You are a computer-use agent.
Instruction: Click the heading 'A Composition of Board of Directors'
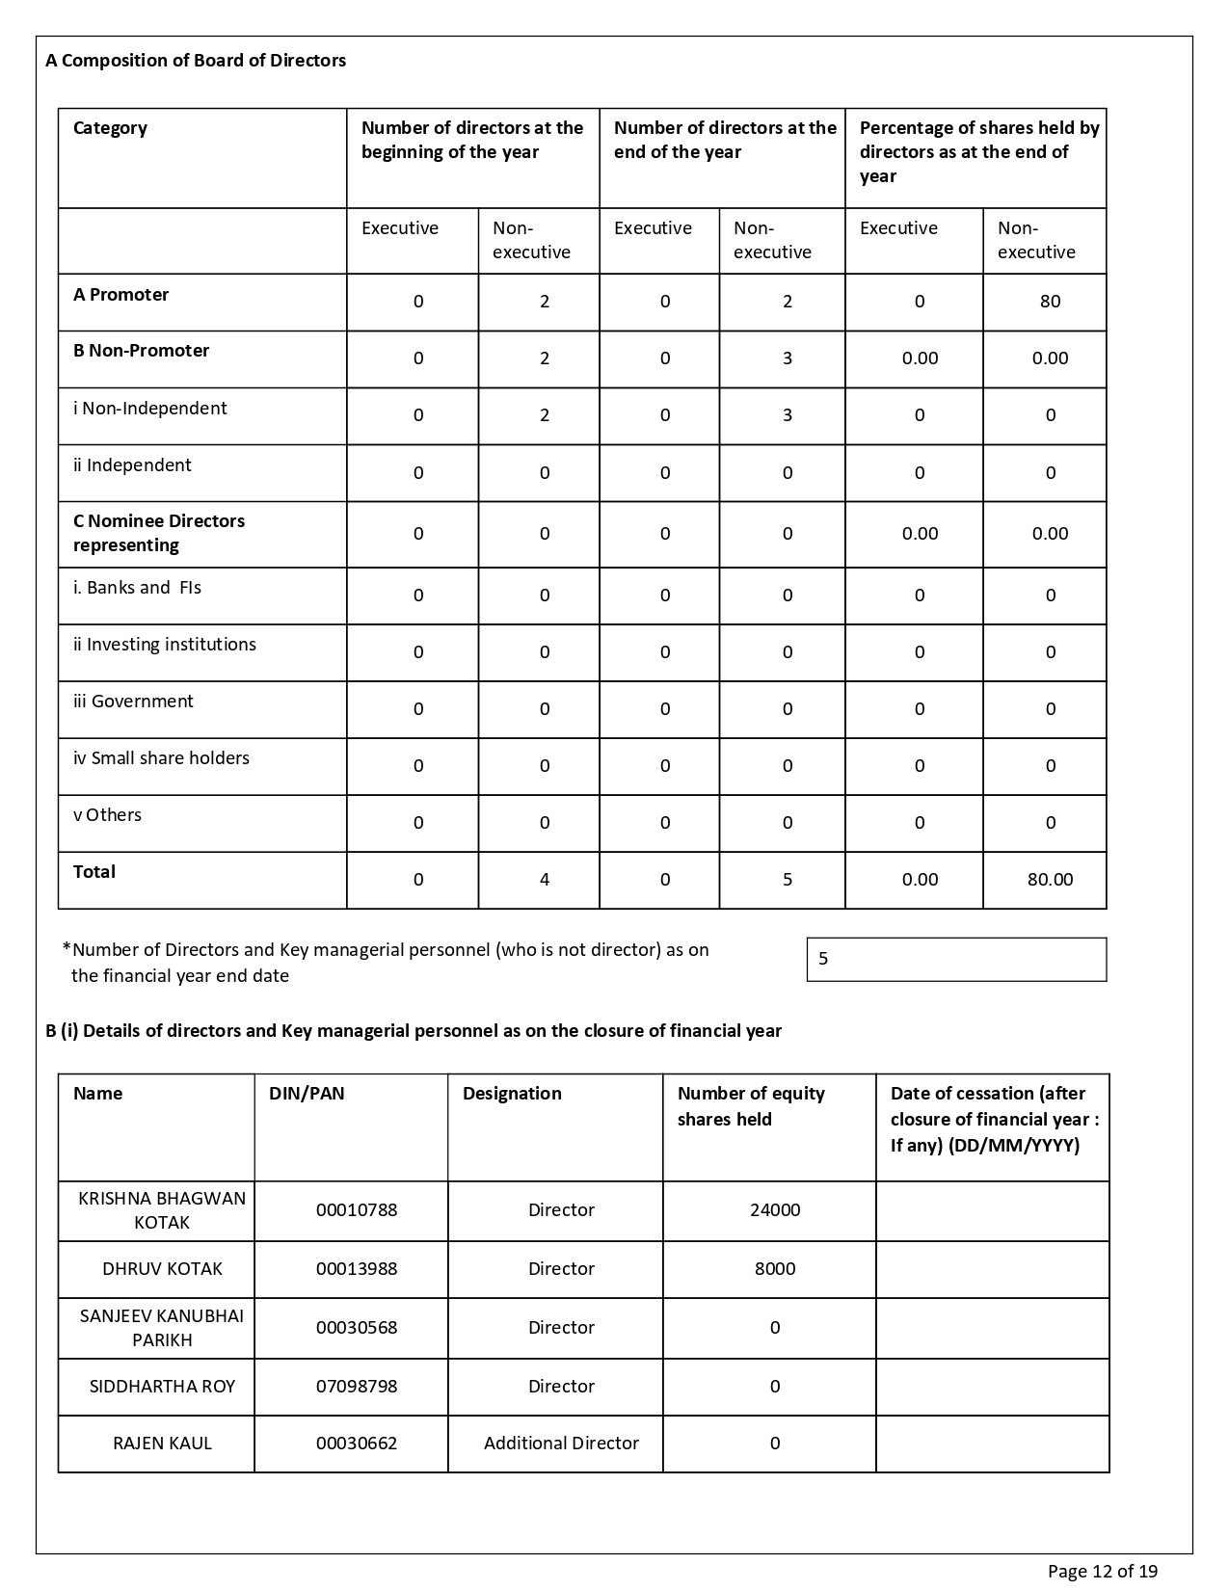coord(196,61)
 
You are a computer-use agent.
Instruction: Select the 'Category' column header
coord(110,128)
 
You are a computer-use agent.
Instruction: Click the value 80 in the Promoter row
coord(1050,302)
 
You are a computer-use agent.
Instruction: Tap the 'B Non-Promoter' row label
coord(141,351)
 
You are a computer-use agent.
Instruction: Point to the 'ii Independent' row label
coord(132,465)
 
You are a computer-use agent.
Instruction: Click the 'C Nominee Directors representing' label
coord(159,533)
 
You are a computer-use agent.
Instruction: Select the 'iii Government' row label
coord(133,702)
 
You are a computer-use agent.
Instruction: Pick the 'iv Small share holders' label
coord(161,758)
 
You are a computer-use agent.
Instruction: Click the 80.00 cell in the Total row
coord(1050,880)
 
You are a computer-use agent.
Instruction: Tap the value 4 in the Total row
coord(545,880)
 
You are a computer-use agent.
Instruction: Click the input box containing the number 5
coord(956,960)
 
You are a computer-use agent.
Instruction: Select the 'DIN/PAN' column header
coord(307,1094)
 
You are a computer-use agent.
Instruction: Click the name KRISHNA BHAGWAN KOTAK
coord(162,1210)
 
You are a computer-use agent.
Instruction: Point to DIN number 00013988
coord(357,1269)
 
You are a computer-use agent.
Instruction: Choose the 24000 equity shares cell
coord(775,1210)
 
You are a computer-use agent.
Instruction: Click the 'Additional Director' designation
coord(561,1444)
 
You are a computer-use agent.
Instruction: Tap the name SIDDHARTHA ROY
coord(162,1387)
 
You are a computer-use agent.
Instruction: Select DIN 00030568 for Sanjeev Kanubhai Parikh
coord(357,1328)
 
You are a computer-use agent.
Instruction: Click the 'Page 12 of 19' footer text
coord(1103,1572)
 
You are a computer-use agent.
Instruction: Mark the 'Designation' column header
coord(512,1094)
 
